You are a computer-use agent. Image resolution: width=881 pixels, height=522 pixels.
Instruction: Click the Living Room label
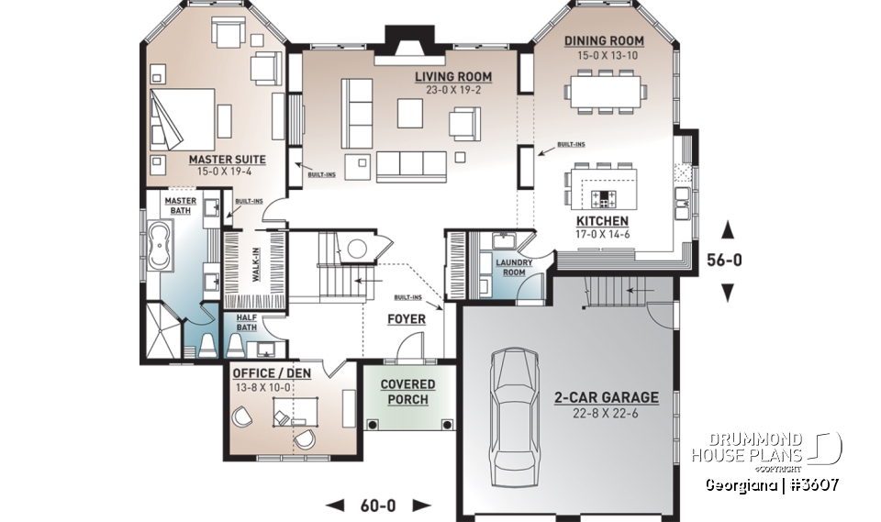coord(452,77)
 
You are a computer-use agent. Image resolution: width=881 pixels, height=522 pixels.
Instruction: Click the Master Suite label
coord(227,160)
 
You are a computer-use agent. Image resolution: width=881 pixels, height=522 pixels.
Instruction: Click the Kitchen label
coord(602,221)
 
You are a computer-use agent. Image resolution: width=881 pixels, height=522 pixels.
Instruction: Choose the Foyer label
coord(407,319)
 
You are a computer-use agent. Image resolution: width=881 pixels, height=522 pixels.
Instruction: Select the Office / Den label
coord(272,373)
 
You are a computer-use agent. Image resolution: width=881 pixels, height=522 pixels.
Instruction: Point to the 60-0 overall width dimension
coord(379,505)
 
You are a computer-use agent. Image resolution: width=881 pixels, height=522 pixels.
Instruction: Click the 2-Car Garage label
coord(606,397)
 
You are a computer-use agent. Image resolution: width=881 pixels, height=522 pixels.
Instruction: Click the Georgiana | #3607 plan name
coord(772,484)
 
